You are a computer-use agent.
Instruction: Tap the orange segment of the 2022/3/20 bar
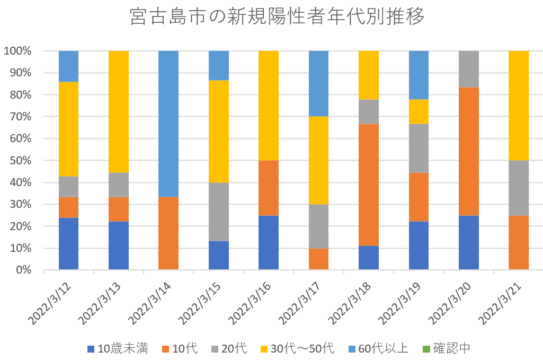coord(469,151)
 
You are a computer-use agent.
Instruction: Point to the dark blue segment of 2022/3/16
coord(269,242)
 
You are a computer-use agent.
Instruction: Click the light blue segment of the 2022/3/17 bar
coord(318,83)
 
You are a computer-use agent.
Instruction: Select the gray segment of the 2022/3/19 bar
coord(419,148)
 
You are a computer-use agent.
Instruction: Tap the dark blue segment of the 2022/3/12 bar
coord(68,243)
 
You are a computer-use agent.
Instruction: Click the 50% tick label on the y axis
coord(19,161)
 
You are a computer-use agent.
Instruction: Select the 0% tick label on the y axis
coord(22,270)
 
